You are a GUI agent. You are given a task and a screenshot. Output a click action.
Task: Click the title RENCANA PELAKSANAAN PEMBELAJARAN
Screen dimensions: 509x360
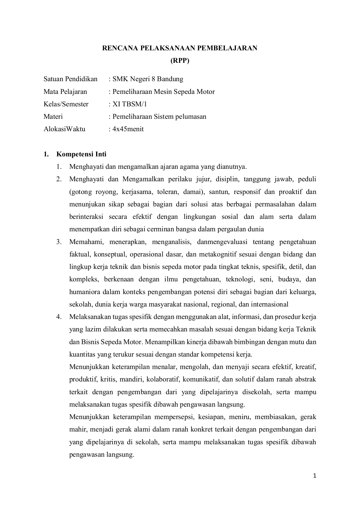180,48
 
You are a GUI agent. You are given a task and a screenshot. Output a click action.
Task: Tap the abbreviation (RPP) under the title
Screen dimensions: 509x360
180,61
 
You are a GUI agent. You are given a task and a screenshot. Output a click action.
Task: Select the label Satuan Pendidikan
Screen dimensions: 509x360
70,79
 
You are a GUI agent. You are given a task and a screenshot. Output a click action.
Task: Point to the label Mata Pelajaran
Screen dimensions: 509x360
65,92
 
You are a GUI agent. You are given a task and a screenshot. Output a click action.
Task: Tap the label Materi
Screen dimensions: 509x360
53,117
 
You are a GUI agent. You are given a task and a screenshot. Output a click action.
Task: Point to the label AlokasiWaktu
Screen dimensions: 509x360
64,129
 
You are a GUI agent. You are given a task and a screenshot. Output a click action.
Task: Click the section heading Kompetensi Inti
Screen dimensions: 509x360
81,154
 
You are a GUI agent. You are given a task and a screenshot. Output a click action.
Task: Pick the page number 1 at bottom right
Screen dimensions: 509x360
314,476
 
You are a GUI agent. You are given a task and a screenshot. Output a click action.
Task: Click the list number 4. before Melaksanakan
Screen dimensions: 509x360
59,317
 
